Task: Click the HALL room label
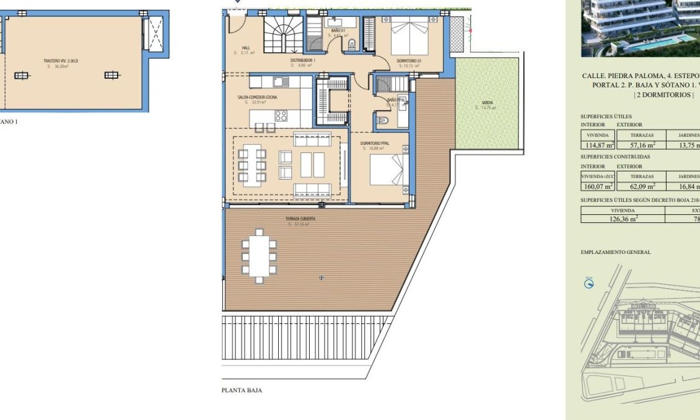[x=246, y=47]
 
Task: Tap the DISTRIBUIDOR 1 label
[x=303, y=60]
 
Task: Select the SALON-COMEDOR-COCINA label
[x=253, y=97]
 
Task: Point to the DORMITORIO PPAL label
[x=374, y=144]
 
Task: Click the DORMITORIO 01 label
[x=409, y=60]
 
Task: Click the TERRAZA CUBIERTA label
[x=300, y=219]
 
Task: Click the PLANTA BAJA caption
[x=242, y=390]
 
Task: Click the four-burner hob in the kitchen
[x=281, y=115]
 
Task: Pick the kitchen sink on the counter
[x=279, y=81]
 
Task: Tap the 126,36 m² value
[x=623, y=218]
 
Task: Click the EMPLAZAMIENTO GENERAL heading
[x=616, y=252]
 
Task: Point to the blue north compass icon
[x=590, y=283]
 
